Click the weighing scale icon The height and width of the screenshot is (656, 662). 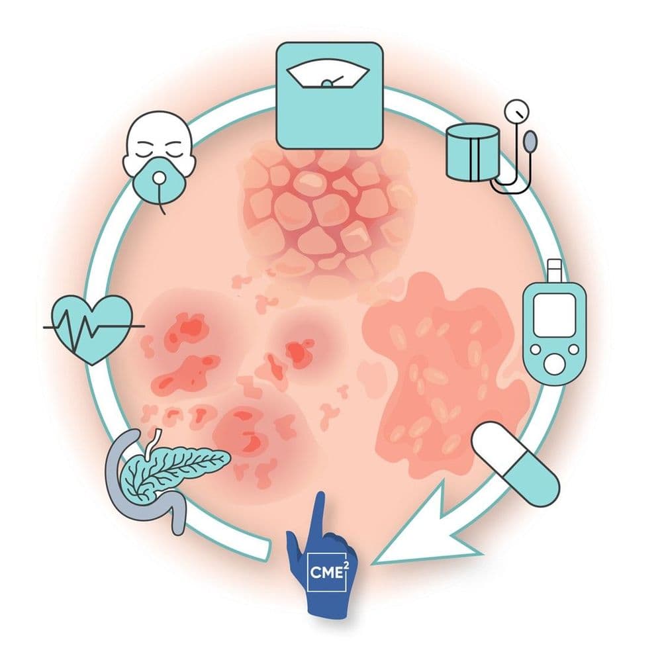(329, 95)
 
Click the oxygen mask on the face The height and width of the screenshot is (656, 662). (160, 182)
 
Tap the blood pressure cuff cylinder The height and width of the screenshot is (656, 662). (473, 153)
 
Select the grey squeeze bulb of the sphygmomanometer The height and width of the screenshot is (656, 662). (531, 141)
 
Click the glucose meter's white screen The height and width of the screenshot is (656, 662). (554, 315)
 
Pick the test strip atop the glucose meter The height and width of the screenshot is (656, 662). (554, 271)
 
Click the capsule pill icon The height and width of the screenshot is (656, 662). (515, 463)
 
